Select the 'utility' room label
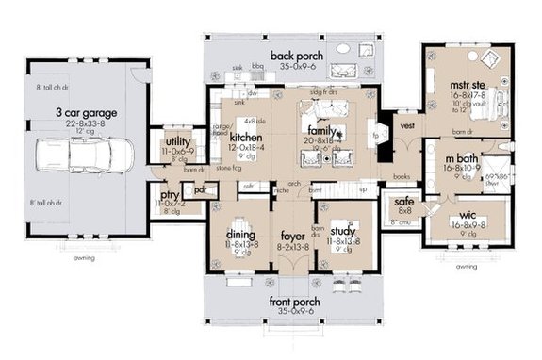pos(177,140)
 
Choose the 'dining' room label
pos(242,236)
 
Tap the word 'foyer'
pos(291,236)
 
